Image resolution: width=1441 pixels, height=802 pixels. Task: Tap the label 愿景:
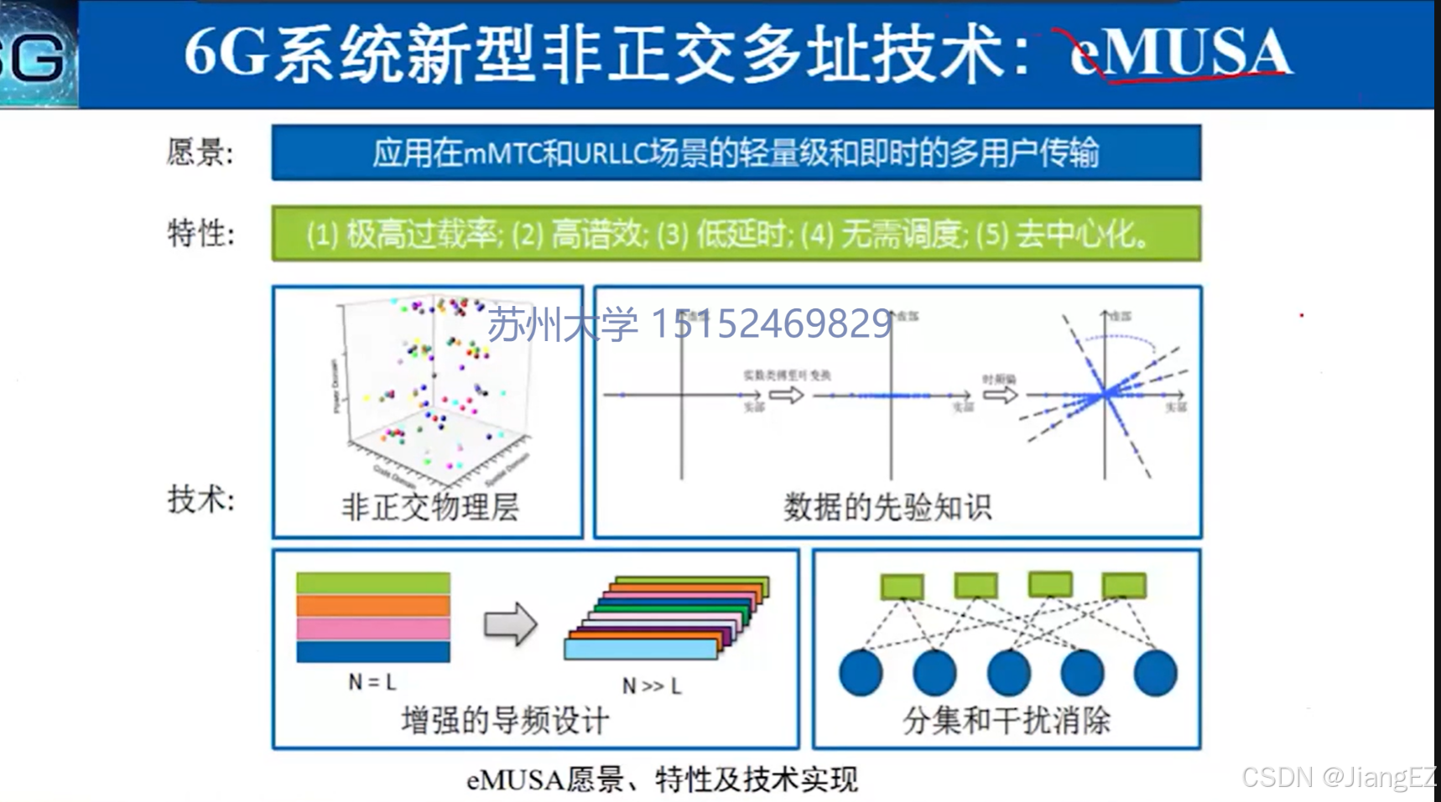[x=200, y=153]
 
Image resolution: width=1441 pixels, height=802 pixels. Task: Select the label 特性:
[x=200, y=233]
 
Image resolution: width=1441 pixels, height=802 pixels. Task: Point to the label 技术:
[x=200, y=499]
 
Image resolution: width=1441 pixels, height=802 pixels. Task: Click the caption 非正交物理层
[x=429, y=507]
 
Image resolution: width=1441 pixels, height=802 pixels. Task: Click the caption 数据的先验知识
[x=887, y=507]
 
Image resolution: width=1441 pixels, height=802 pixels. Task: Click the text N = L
[x=372, y=682]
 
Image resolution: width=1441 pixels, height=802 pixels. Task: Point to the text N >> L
[x=652, y=686]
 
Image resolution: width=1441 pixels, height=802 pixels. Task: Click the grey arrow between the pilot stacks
[x=510, y=624]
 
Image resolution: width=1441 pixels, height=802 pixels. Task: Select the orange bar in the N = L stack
[x=373, y=606]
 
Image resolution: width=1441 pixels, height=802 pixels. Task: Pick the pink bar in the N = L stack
[x=373, y=629]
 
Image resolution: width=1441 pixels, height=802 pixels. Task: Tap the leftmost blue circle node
[x=861, y=672]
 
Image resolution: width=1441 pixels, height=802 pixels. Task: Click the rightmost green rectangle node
[x=1124, y=585]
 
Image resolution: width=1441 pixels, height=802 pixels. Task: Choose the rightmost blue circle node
[x=1155, y=672]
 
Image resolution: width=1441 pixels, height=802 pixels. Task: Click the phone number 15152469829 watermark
[x=771, y=323]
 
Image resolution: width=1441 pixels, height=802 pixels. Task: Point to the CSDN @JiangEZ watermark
[x=1339, y=777]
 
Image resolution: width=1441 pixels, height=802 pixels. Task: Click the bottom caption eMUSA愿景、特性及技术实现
[x=662, y=780]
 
